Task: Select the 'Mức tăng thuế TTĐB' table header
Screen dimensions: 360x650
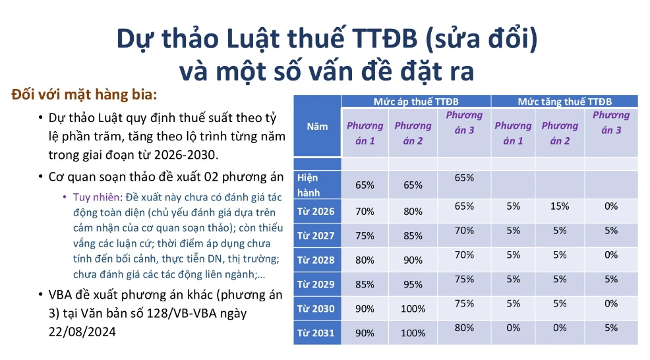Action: click(x=564, y=102)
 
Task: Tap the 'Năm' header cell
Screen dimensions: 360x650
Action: click(x=317, y=127)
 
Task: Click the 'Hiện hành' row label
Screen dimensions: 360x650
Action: click(x=309, y=185)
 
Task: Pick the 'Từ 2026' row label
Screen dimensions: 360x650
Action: click(x=316, y=212)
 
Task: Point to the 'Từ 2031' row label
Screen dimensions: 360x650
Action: click(x=316, y=333)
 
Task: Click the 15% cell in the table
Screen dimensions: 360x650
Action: click(x=560, y=206)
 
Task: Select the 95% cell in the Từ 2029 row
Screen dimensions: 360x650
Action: click(x=413, y=285)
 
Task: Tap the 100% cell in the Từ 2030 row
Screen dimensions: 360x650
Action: click(x=413, y=309)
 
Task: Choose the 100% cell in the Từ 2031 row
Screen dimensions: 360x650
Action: click(x=413, y=333)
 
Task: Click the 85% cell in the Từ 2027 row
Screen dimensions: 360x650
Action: click(x=413, y=236)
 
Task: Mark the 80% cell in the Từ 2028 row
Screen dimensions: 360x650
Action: click(x=365, y=260)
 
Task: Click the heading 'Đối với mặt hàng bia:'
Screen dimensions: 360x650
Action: click(x=84, y=94)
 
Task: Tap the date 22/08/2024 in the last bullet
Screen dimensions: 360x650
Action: click(x=82, y=332)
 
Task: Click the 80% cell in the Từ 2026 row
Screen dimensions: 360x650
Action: click(x=413, y=212)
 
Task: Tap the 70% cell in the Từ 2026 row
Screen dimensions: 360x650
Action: click(x=365, y=212)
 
